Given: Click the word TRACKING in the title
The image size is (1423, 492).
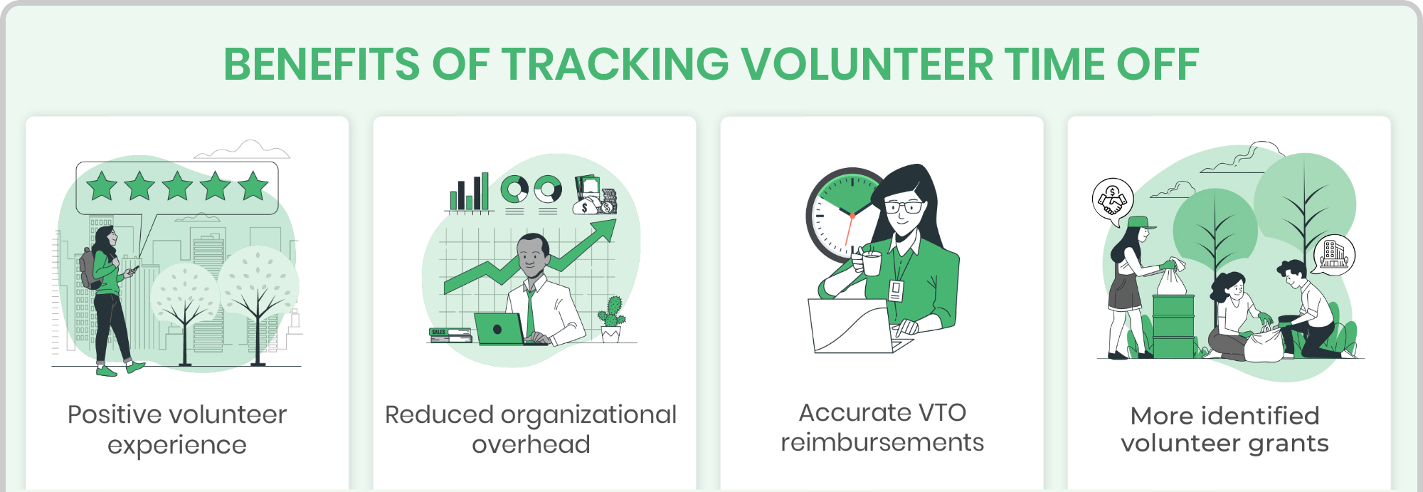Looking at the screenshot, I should [x=615, y=64].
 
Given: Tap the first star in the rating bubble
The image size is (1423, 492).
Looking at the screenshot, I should [x=102, y=187].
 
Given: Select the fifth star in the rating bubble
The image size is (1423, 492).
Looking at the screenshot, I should [x=253, y=187].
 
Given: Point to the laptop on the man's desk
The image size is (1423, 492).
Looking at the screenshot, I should [x=499, y=329].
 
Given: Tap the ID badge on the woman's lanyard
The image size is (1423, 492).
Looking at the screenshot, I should [x=896, y=291].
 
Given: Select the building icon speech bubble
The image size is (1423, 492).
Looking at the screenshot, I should [x=1333, y=253].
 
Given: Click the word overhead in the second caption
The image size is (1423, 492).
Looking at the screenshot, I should [x=531, y=444].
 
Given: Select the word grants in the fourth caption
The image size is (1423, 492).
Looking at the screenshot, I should [x=1288, y=444].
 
